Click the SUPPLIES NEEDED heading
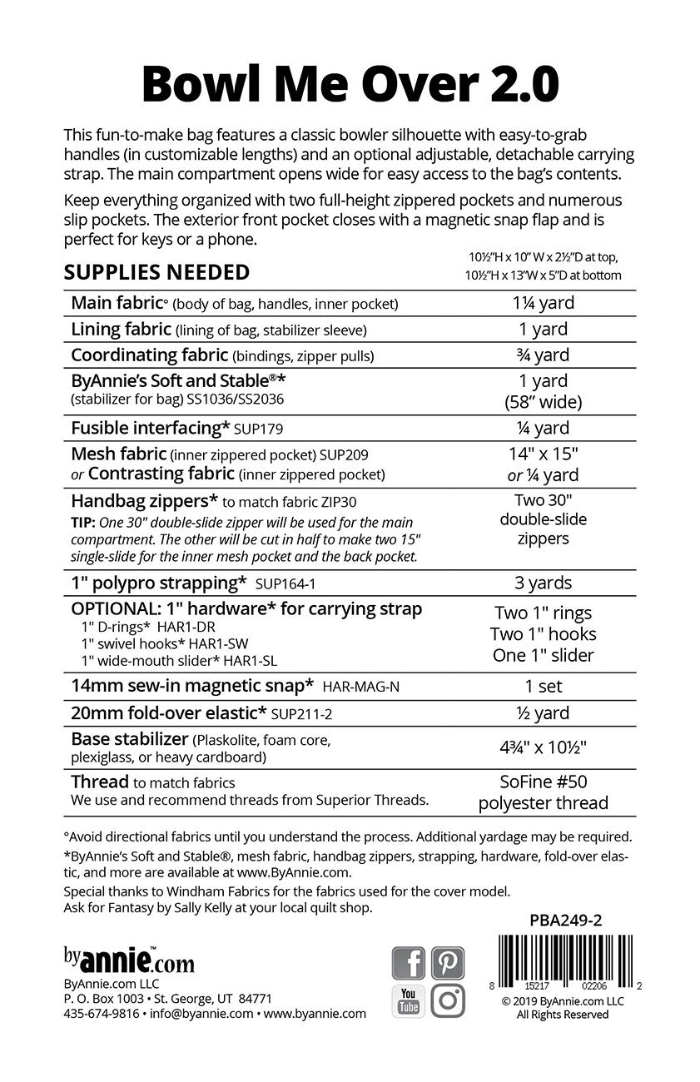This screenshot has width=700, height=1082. coord(156,272)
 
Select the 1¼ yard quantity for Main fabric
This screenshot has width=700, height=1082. coord(544,304)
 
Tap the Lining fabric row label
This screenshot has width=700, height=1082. coord(122,330)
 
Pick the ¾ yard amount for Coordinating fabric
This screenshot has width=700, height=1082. coord(544,355)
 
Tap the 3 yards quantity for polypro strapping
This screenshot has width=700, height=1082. coord(544,583)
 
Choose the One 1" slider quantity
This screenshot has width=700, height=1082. coord(544,656)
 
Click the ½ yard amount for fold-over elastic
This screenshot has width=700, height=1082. coord(544,713)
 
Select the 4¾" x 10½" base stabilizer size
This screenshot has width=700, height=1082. coord(544,747)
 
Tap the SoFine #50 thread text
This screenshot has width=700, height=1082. coord(544,782)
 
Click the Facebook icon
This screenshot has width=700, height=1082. coord(409,963)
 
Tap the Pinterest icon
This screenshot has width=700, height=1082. coord(448,963)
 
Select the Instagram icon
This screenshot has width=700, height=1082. coord(448,1000)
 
